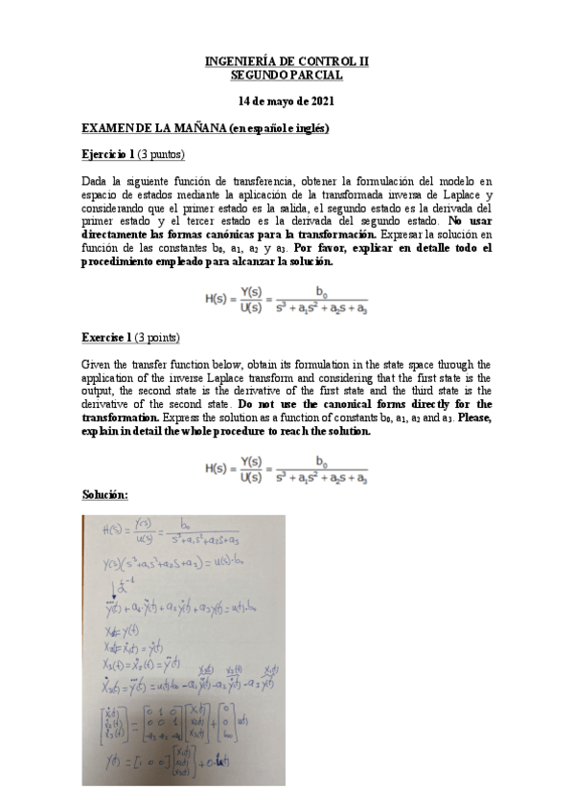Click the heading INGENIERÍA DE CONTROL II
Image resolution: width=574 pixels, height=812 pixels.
click(x=287, y=60)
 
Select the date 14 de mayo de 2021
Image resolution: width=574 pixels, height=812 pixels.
click(x=287, y=101)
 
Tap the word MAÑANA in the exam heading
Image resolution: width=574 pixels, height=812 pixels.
click(x=191, y=128)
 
